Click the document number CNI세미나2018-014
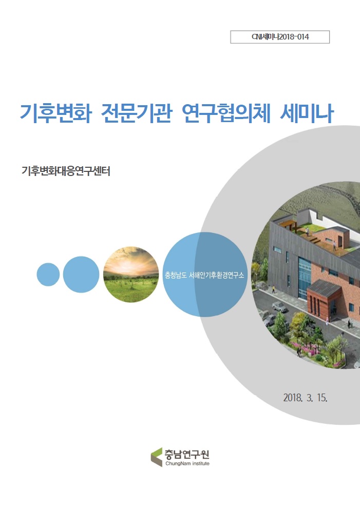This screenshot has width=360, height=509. (280, 37)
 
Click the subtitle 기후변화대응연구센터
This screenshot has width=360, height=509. (66, 171)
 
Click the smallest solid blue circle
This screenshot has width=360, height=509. (48, 274)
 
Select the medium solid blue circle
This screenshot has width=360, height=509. (81, 274)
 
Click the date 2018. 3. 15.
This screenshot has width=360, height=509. (305, 398)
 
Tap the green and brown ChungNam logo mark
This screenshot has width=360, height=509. (156, 457)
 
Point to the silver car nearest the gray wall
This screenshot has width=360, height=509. (279, 307)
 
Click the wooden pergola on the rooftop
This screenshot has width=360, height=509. (289, 224)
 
